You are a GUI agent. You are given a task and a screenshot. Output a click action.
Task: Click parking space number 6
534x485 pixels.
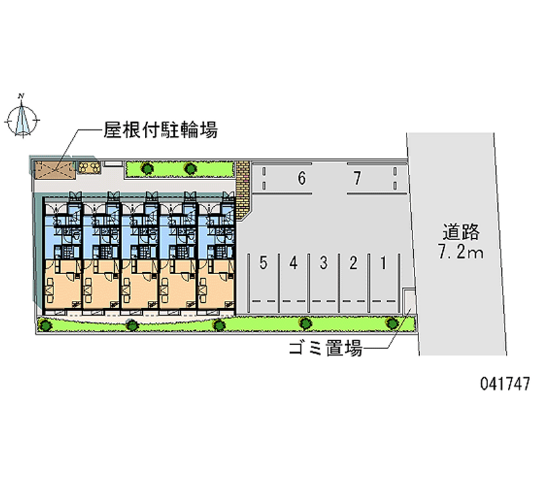(301, 179)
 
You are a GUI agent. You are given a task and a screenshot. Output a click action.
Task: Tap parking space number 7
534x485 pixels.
(358, 179)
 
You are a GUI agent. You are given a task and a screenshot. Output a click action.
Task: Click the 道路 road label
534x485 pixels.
(461, 232)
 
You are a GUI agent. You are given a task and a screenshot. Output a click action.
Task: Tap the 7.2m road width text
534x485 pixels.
(461, 253)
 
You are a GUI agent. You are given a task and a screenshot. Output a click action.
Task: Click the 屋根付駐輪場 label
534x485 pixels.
(160, 129)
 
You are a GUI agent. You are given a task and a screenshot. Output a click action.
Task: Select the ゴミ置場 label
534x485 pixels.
(325, 348)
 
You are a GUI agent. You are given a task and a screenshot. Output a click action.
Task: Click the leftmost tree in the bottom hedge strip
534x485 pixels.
(45, 325)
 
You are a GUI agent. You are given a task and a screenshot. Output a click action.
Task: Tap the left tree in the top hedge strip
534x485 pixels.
(146, 168)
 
